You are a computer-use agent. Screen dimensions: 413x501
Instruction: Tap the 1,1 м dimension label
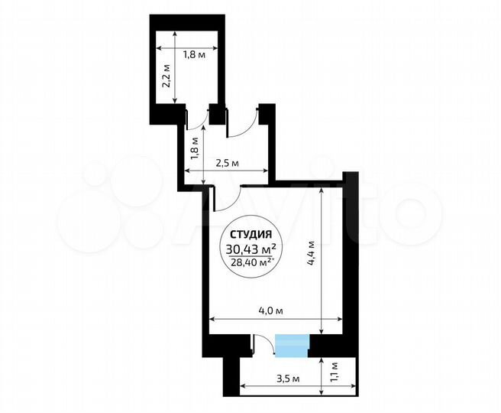[x=332, y=375]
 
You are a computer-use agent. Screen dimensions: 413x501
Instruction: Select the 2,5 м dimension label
[x=228, y=163]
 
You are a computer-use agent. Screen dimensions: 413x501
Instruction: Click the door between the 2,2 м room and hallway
[x=196, y=119]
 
